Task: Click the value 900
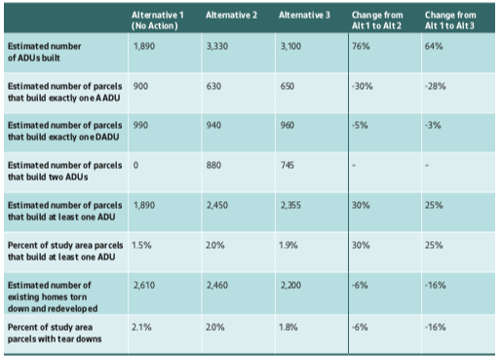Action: pos(141,86)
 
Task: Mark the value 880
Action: pos(215,164)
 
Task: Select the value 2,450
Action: pos(219,205)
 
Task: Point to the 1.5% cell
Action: pos(141,246)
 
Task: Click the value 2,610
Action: pos(145,285)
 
